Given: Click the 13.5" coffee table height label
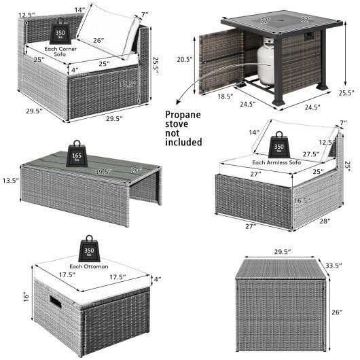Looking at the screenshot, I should point(11,182).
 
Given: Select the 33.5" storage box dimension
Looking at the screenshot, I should point(333,264).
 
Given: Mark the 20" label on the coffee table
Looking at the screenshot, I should point(137,169).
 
